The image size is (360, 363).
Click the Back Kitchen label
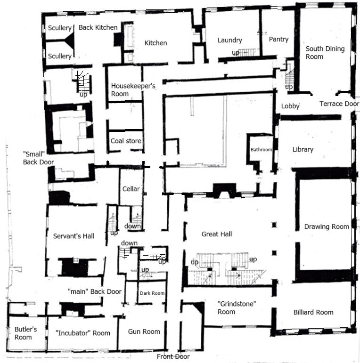click(x=98, y=28)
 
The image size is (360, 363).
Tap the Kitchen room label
click(x=155, y=43)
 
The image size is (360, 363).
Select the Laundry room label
click(x=229, y=40)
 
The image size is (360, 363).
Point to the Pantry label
click(x=278, y=40)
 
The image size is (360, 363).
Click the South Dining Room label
click(x=325, y=53)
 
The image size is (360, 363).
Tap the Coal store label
click(x=126, y=141)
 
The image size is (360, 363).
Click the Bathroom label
click(x=261, y=150)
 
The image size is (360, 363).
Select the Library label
click(x=303, y=150)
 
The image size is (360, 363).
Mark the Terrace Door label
click(x=339, y=104)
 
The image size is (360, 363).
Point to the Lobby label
click(x=290, y=106)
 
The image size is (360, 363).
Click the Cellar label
click(x=131, y=189)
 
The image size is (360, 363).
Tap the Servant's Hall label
click(x=74, y=236)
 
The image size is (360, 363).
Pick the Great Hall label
click(x=217, y=234)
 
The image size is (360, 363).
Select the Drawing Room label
click(x=327, y=226)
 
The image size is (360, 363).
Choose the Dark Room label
click(x=152, y=293)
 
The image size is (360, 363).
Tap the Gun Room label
click(x=144, y=331)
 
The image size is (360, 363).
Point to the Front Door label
click(x=173, y=357)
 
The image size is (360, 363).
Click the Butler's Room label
click(x=23, y=333)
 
